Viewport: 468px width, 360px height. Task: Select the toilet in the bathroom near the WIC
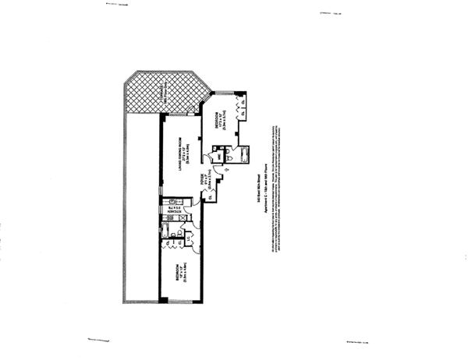click(x=232, y=161)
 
